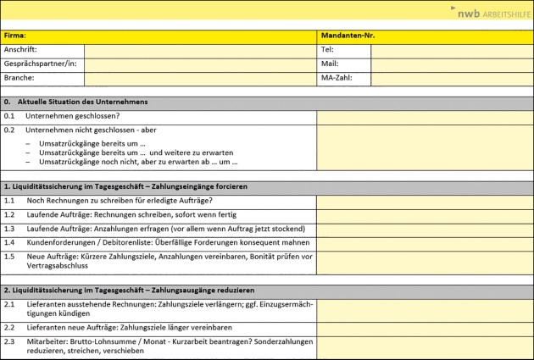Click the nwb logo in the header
coord(492,13)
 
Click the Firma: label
coord(15,36)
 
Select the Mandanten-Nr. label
coord(348,36)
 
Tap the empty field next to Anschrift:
coord(200,50)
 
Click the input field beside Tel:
coord(452,50)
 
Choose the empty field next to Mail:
coord(452,64)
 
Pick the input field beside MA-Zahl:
coord(452,78)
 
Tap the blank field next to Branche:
coord(200,78)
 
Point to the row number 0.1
coord(9,116)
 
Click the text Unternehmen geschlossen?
coord(72,116)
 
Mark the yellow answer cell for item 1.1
coord(425,201)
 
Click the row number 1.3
coord(9,229)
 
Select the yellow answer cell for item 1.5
coord(425,261)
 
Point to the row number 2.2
coord(9,327)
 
